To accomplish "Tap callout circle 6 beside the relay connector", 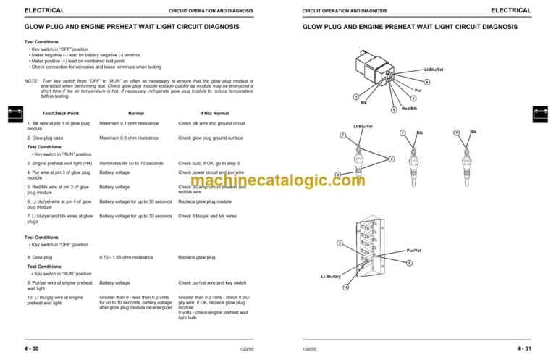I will [427, 82].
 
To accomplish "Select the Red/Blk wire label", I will [409, 109].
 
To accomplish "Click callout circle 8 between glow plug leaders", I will [392, 159].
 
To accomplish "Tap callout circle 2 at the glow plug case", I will [338, 174].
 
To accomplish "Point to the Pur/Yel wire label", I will [414, 250].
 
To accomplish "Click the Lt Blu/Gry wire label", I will [331, 277].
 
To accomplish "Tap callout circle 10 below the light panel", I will [345, 287].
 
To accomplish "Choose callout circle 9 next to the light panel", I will [409, 262].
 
